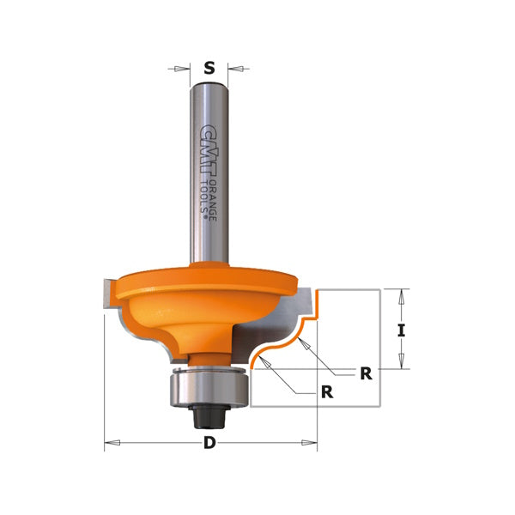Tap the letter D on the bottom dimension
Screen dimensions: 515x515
pyautogui.click(x=209, y=443)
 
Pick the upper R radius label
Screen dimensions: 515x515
pyautogui.click(x=366, y=373)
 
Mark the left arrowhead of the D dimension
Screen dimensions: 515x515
pyautogui.click(x=109, y=443)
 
